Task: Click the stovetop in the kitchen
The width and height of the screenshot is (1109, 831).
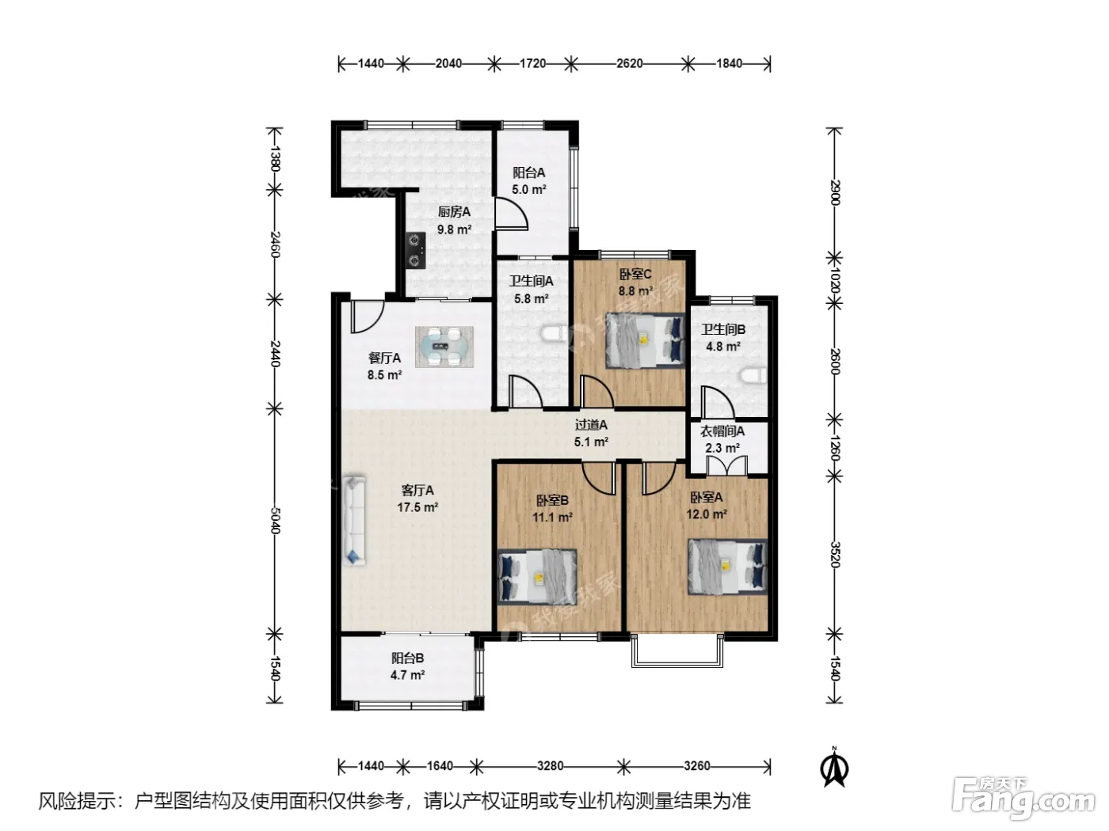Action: (x=417, y=250)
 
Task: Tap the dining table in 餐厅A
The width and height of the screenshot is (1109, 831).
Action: (x=444, y=346)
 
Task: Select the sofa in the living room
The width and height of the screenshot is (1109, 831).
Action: (x=353, y=518)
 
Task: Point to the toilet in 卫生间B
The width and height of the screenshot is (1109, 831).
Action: (x=753, y=376)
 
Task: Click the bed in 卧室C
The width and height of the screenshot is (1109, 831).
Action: (x=645, y=340)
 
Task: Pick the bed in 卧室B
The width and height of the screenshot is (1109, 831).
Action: (x=537, y=576)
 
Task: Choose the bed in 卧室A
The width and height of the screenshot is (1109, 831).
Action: (x=727, y=566)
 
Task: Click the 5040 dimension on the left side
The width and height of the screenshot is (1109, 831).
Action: (x=274, y=520)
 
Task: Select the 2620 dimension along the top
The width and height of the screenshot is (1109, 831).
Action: (x=630, y=63)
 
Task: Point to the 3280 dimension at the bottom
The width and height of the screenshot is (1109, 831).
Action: (x=550, y=766)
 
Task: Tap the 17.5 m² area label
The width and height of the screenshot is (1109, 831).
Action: (x=417, y=507)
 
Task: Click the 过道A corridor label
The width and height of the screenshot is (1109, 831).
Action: (x=591, y=425)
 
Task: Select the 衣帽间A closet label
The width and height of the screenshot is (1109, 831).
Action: (x=722, y=431)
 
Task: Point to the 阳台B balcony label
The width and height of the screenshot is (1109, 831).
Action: (x=407, y=658)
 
